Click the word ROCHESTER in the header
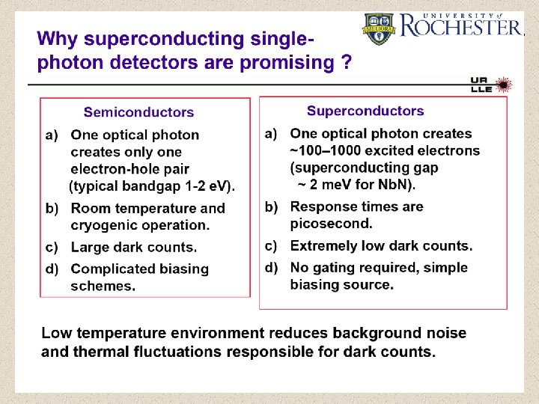coord(461,28)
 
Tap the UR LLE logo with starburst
coord(490,85)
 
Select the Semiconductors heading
coord(138,112)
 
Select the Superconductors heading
coord(365,111)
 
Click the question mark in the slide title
coord(345,63)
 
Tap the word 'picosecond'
coord(331,223)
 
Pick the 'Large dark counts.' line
coord(134,247)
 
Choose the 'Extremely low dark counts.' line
coord(381,245)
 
